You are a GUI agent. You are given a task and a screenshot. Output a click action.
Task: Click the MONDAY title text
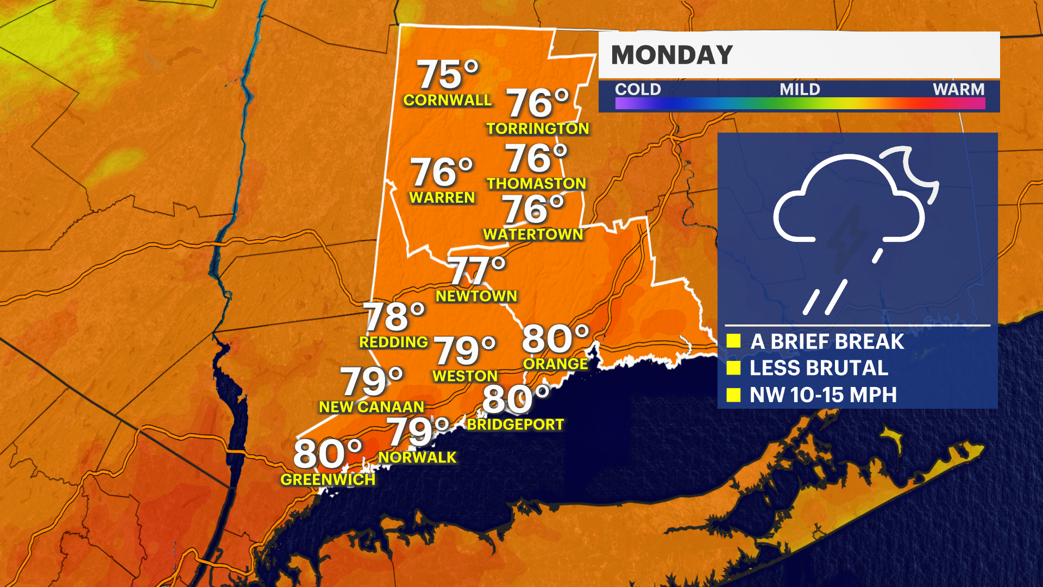(672, 55)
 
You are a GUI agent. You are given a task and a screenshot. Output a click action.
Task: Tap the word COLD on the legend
(638, 89)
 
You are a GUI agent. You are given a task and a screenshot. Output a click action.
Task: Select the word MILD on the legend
(800, 89)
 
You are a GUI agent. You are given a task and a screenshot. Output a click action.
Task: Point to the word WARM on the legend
(958, 89)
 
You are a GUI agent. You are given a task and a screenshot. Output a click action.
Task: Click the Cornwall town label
(447, 100)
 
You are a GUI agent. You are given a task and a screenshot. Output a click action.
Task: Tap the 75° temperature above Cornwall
(448, 74)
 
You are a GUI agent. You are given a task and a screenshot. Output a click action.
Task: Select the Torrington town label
(537, 128)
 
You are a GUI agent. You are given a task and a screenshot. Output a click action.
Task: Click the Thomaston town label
(536, 184)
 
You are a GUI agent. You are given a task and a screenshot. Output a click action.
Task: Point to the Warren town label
(442, 197)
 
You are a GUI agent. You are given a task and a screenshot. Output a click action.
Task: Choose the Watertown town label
(533, 234)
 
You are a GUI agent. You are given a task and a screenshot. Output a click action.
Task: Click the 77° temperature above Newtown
(477, 270)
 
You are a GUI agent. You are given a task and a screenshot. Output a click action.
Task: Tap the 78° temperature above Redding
(394, 316)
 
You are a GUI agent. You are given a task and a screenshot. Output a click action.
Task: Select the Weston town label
(465, 376)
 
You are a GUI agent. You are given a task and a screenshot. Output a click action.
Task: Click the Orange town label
(555, 364)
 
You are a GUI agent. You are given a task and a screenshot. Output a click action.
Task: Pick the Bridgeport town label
(516, 424)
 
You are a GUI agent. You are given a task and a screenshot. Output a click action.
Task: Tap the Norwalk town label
(417, 458)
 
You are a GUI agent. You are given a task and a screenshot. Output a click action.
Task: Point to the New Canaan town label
(371, 407)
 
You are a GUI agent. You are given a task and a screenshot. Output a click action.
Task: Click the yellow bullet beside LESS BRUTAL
(733, 368)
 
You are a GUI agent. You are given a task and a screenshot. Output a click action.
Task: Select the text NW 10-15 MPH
(823, 395)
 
